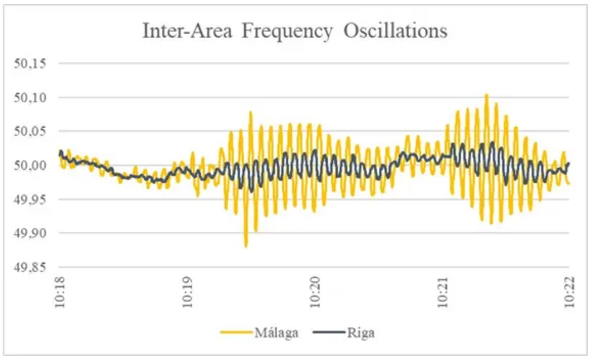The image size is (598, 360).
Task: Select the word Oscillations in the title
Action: click(x=395, y=31)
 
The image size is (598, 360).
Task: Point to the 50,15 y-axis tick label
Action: click(x=29, y=64)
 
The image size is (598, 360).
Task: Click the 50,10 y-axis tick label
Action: click(x=29, y=98)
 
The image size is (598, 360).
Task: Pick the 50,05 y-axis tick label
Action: click(x=29, y=132)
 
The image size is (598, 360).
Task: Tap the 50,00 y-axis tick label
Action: click(x=29, y=166)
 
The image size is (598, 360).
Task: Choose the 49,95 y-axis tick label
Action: click(x=29, y=199)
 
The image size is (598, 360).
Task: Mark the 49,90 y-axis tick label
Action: click(x=29, y=233)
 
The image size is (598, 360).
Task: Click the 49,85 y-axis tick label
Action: click(x=29, y=267)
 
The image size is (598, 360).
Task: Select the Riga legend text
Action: click(x=361, y=333)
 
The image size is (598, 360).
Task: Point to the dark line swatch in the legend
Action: click(x=329, y=333)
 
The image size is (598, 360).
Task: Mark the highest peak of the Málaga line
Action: click(x=486, y=95)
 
